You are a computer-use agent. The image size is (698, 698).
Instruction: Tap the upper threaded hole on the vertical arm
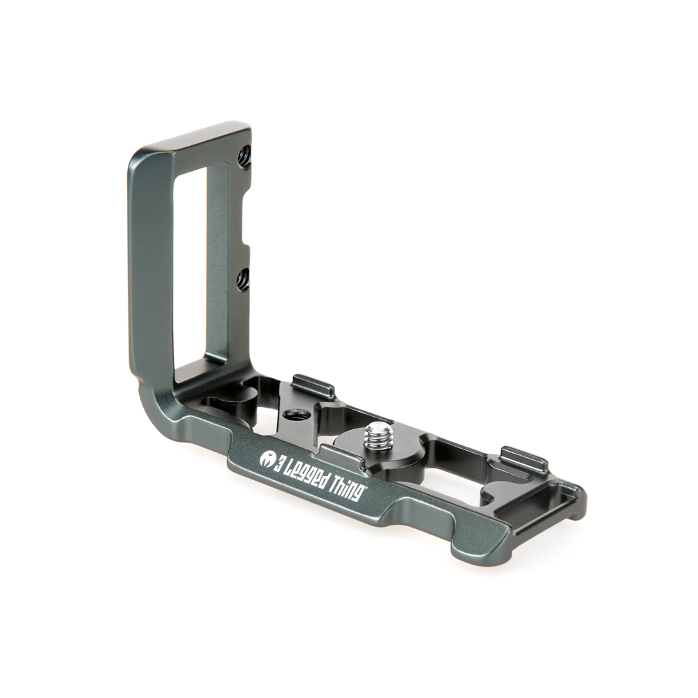pyautogui.click(x=244, y=157)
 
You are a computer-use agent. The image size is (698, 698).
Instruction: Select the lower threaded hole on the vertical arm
pyautogui.click(x=242, y=281)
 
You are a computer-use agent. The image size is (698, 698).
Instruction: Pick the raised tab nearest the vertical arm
pyautogui.click(x=313, y=385)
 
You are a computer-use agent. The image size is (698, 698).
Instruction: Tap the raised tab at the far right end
pyautogui.click(x=524, y=458)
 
